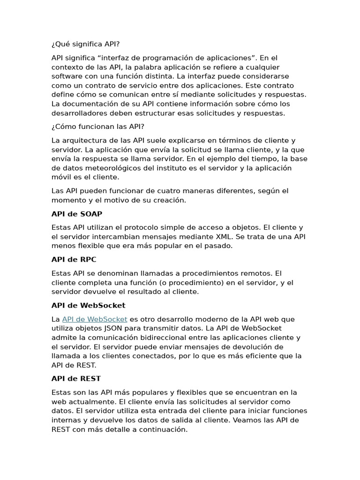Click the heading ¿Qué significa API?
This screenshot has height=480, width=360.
coord(85,44)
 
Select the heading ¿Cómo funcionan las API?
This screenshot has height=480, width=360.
coord(97,127)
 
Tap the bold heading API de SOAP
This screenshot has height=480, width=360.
coord(76,214)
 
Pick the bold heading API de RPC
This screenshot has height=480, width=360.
coord(74,259)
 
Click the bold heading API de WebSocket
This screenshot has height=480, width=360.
coord(88,305)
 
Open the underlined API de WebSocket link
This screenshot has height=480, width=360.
coord(95,319)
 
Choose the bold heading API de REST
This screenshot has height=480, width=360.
coord(76,378)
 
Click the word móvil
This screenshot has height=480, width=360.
coord(61,177)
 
